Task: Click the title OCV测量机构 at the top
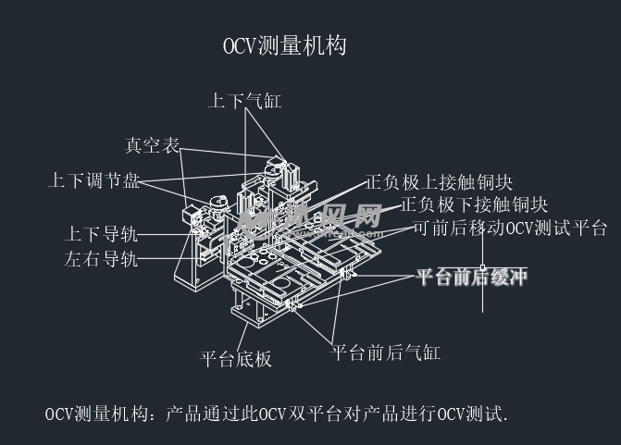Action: [x=284, y=46]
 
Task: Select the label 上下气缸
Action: [x=244, y=101]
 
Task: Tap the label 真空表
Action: [x=152, y=145]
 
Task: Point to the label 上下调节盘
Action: [x=94, y=181]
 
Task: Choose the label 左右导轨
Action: [x=101, y=259]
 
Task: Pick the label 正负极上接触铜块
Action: [x=439, y=182]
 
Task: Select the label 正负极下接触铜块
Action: [x=475, y=204]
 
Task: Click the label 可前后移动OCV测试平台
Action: [x=509, y=228]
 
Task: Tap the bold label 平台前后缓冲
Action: [x=470, y=277]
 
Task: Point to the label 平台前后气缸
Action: [x=386, y=352]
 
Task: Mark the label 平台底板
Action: [x=236, y=359]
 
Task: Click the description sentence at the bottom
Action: [x=277, y=414]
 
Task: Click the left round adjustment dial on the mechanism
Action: [x=219, y=202]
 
